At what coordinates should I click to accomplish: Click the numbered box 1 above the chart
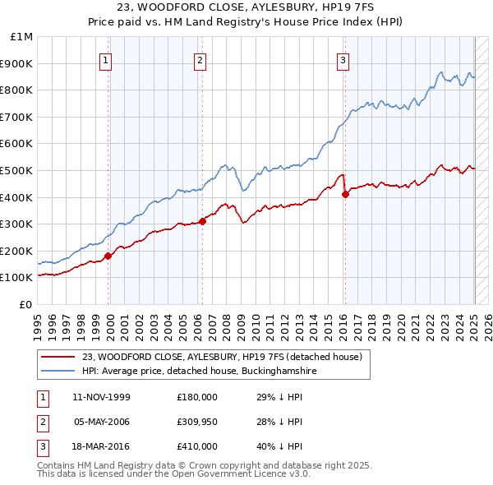(x=108, y=59)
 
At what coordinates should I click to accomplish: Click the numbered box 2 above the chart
(x=200, y=59)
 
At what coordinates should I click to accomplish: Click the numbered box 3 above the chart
(x=343, y=59)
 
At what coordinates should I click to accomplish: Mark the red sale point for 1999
(x=108, y=256)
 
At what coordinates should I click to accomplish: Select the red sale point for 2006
(x=201, y=220)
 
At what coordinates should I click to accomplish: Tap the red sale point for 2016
(x=344, y=194)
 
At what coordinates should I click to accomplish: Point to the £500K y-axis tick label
(x=16, y=170)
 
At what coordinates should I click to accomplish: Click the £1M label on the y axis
(x=21, y=37)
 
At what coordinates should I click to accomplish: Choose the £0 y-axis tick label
(x=25, y=304)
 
